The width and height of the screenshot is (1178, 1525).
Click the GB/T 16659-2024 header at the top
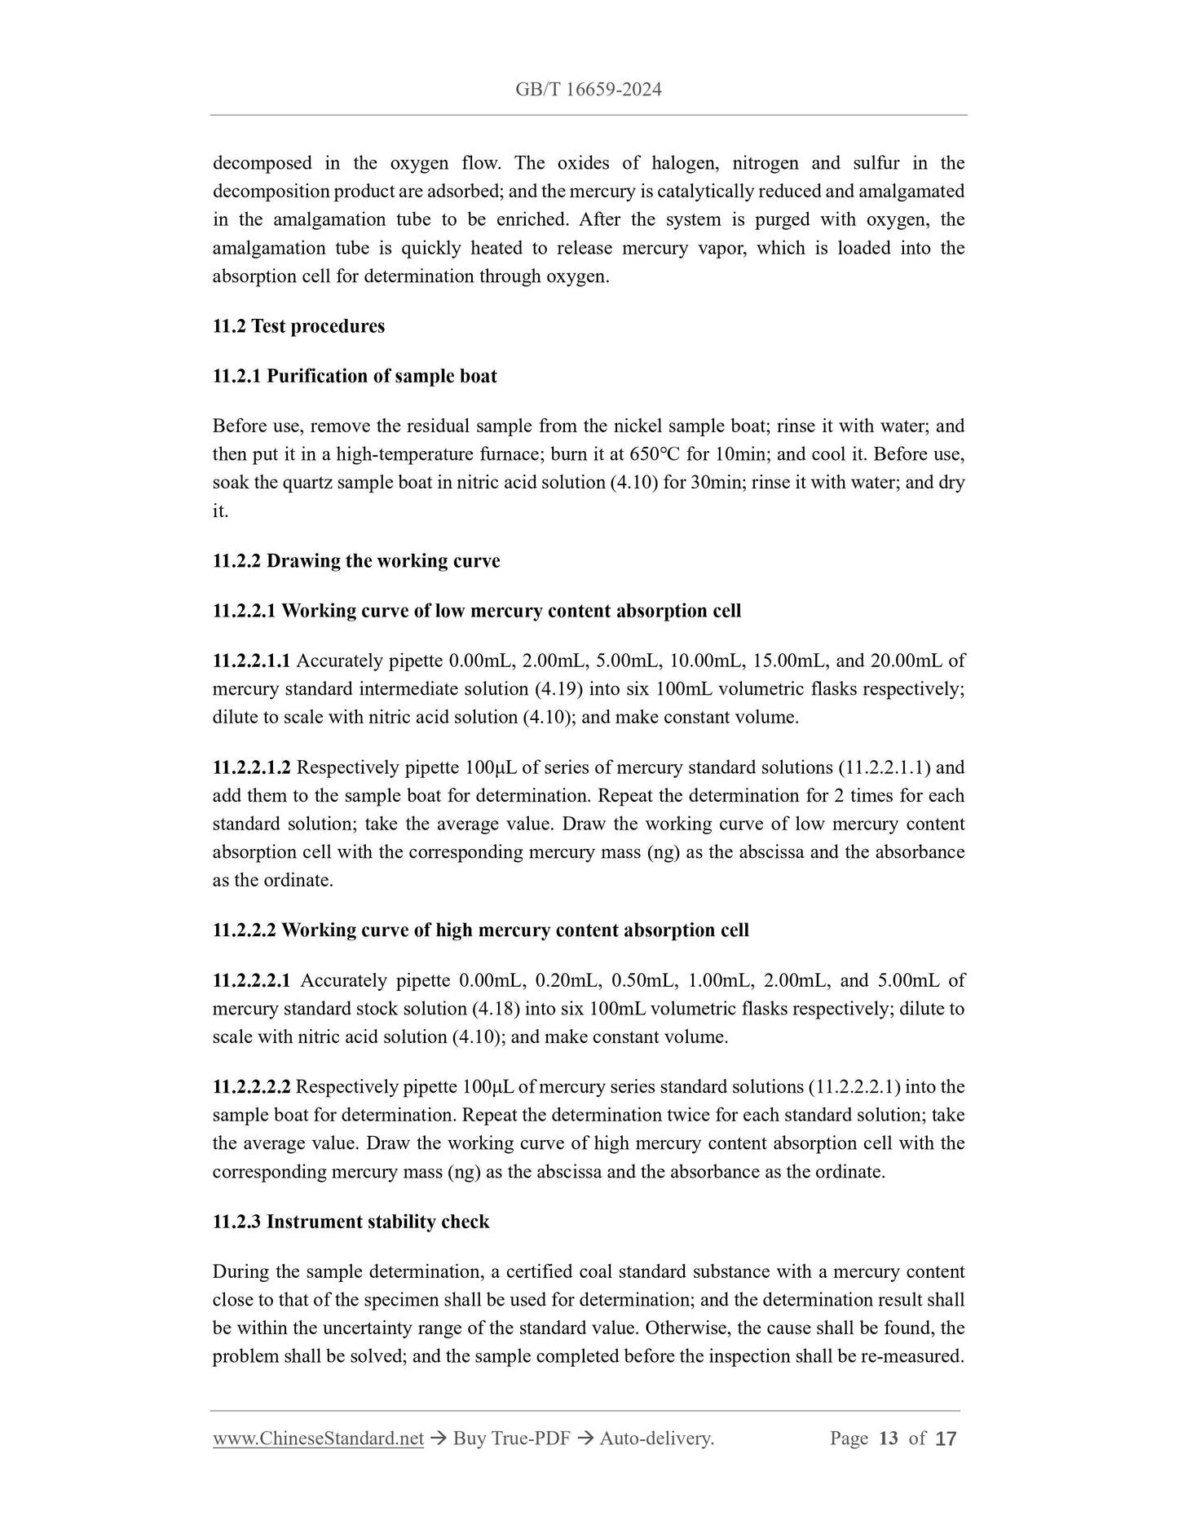pyautogui.click(x=588, y=90)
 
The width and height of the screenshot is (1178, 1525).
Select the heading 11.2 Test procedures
pyautogui.click(x=298, y=326)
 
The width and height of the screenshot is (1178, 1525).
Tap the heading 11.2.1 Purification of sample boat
pyautogui.click(x=355, y=376)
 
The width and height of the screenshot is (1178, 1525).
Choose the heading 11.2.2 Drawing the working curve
pyautogui.click(x=356, y=561)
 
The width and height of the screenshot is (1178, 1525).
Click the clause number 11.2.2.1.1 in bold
pyautogui.click(x=251, y=661)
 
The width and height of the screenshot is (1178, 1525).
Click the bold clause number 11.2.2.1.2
pyautogui.click(x=251, y=767)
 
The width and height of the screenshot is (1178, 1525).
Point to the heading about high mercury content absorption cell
pyautogui.click(x=480, y=930)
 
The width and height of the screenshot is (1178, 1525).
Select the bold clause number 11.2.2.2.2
pyautogui.click(x=251, y=1087)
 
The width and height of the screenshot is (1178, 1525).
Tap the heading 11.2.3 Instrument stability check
pyautogui.click(x=351, y=1222)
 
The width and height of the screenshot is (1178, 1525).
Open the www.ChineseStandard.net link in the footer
pyautogui.click(x=318, y=1439)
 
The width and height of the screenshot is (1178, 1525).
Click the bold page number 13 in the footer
pyautogui.click(x=888, y=1439)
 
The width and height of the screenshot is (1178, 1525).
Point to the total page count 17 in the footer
pyautogui.click(x=946, y=1439)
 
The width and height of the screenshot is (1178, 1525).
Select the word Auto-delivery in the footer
pyautogui.click(x=656, y=1439)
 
